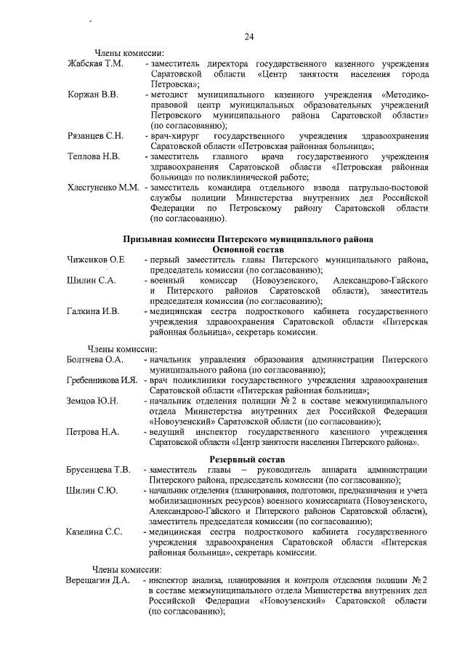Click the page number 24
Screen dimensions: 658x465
249,37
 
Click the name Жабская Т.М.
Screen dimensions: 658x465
95,65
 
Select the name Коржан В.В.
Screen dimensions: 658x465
94,95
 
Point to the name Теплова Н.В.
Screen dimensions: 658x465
94,156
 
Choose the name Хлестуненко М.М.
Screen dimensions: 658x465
103,187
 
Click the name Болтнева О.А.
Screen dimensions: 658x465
96,359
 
